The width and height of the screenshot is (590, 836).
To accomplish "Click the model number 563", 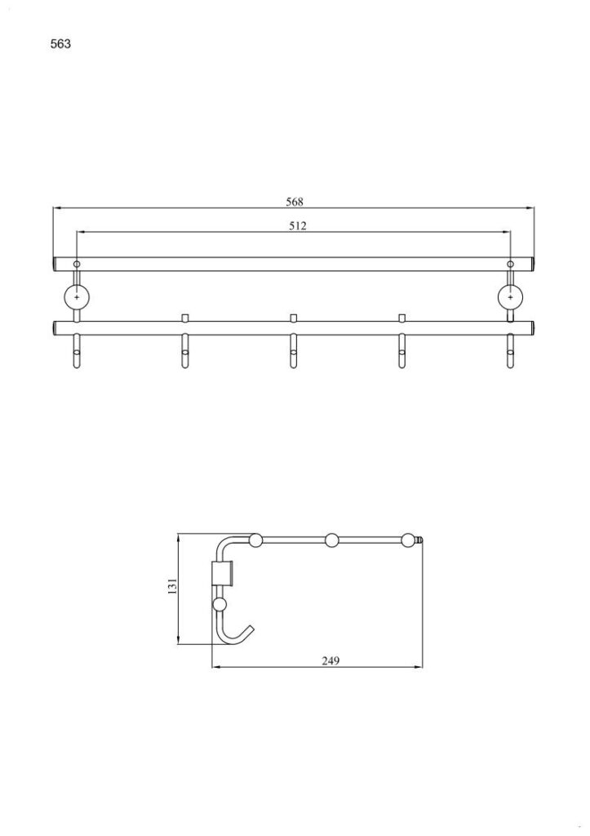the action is pos(60,44).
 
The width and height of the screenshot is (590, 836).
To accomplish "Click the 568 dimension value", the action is pos(295,202).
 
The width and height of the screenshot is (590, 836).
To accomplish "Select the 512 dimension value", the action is pos(297,225).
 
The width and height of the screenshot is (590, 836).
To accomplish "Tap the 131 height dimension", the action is pos(172,586).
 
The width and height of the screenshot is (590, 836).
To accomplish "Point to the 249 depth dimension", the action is pos(330,660).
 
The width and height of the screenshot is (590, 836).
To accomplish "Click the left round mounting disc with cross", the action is pos(77,297).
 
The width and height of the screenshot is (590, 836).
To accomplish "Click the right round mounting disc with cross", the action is pos(510,297).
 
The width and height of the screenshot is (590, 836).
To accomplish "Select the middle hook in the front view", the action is pos(293,351).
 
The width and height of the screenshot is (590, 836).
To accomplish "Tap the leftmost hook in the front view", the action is pos(77,351).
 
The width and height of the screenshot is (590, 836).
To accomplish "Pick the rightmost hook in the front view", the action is pos(510,351).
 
